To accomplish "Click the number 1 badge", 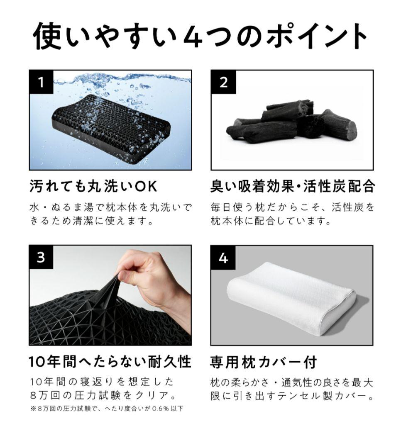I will [41, 82].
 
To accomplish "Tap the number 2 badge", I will [223, 82].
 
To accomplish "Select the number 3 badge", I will [41, 258].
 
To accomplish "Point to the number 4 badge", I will [223, 258].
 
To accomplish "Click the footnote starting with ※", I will [107, 409].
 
